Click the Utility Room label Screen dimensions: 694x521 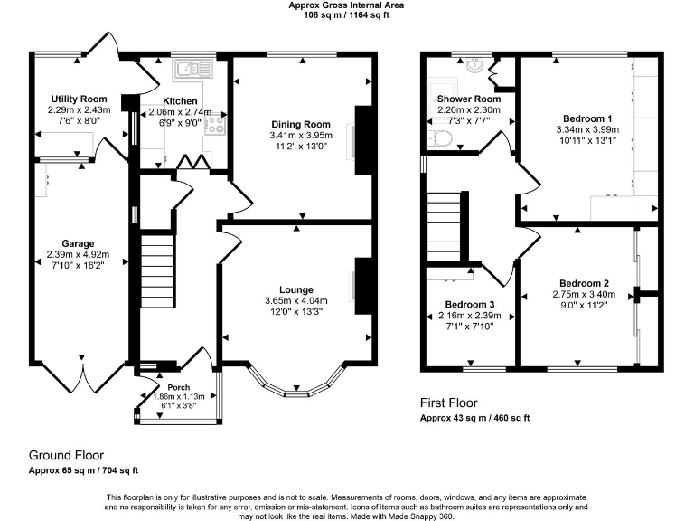click(80, 99)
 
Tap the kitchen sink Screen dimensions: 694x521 click(194, 69)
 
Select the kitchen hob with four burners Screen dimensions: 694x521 click(216, 125)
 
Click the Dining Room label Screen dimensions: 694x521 click(301, 125)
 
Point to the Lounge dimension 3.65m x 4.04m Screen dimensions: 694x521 click(296, 301)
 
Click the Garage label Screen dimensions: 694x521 click(78, 243)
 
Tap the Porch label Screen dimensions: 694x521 click(179, 387)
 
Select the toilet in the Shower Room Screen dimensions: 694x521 click(439, 139)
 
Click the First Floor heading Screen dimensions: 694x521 click(449, 403)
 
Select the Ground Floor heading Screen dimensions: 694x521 click(66, 456)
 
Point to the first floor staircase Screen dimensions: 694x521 click(444, 227)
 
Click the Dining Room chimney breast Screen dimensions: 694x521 click(363, 140)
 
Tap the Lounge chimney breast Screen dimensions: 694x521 click(363, 286)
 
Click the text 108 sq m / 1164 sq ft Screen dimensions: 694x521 click(346, 15)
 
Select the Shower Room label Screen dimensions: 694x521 click(469, 99)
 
